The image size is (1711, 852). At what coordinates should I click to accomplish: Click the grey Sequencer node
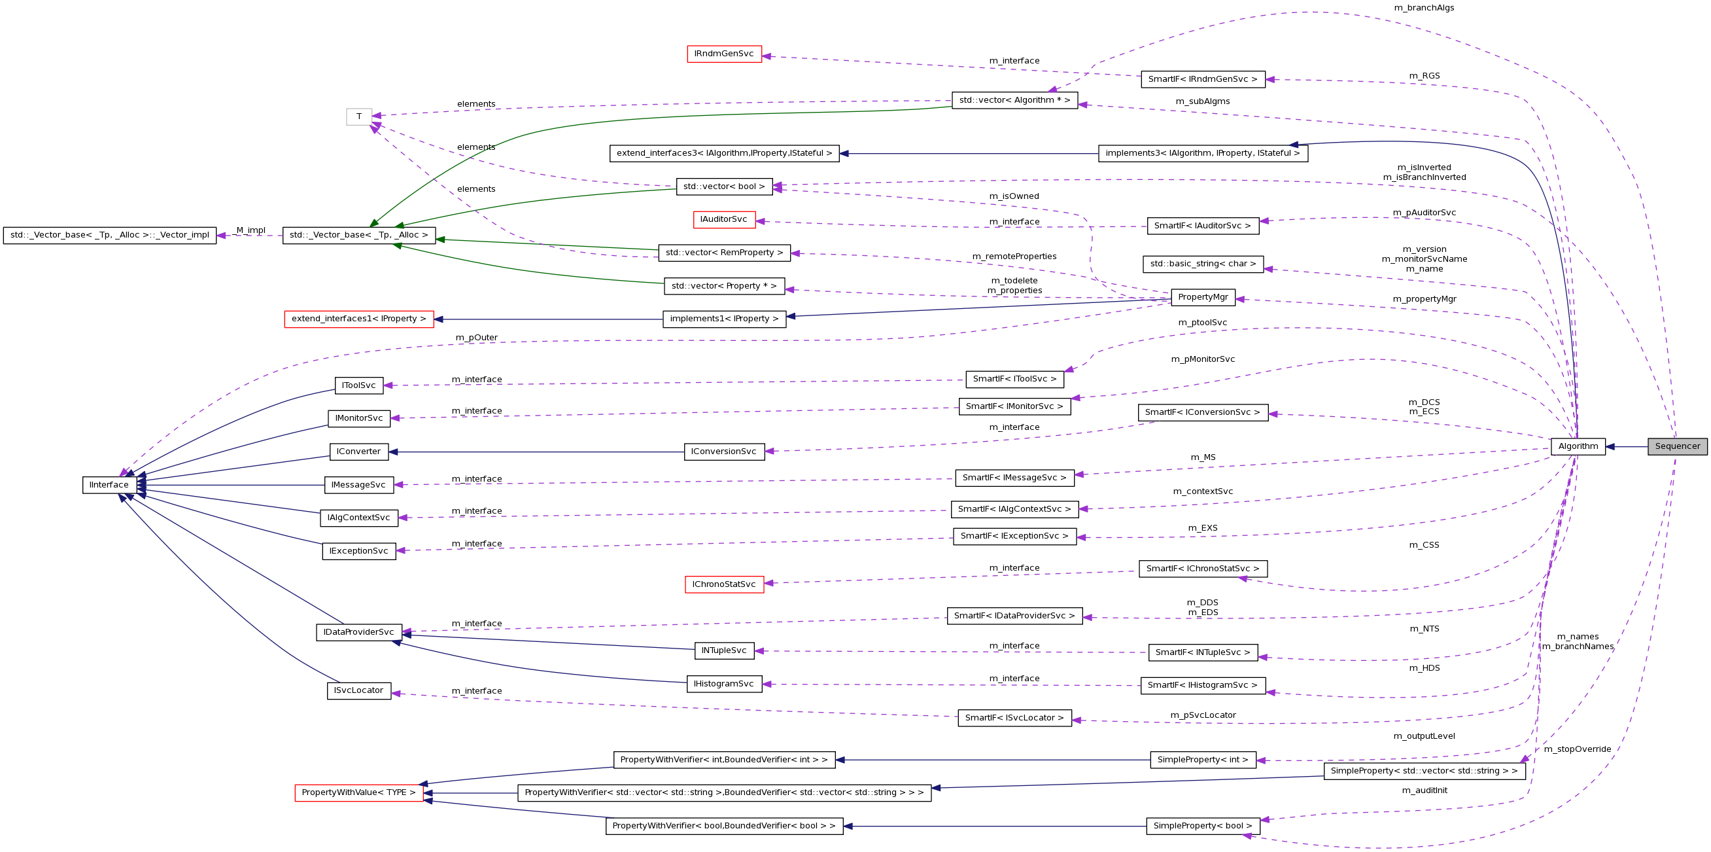[1676, 446]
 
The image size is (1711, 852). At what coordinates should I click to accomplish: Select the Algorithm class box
[1578, 446]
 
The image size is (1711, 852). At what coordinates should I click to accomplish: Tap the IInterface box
[110, 485]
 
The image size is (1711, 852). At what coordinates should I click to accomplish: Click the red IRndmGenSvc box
[723, 54]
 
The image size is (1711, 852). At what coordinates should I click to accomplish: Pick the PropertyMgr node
[1202, 297]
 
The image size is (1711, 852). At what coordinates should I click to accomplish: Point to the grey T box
[358, 117]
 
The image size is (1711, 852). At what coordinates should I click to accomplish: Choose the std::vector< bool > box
[724, 186]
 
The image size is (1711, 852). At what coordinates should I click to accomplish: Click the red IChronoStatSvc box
[723, 585]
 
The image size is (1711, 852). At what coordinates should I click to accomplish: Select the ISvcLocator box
[358, 691]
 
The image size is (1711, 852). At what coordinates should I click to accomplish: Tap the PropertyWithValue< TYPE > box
[358, 793]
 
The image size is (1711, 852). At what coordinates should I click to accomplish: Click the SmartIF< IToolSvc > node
[1014, 380]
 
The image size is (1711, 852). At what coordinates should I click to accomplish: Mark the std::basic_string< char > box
[1203, 264]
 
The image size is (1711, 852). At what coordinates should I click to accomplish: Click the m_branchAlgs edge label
[1424, 8]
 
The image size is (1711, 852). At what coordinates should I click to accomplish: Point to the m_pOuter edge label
[476, 338]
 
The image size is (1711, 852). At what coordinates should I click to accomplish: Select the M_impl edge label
[251, 230]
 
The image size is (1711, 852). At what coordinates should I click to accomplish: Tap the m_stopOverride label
[1578, 749]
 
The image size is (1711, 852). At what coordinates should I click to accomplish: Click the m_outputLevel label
[1424, 736]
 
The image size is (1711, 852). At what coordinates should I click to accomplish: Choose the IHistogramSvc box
[723, 684]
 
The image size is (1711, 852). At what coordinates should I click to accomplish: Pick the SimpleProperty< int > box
[1202, 760]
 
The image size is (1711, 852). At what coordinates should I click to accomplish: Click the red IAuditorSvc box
[723, 219]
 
